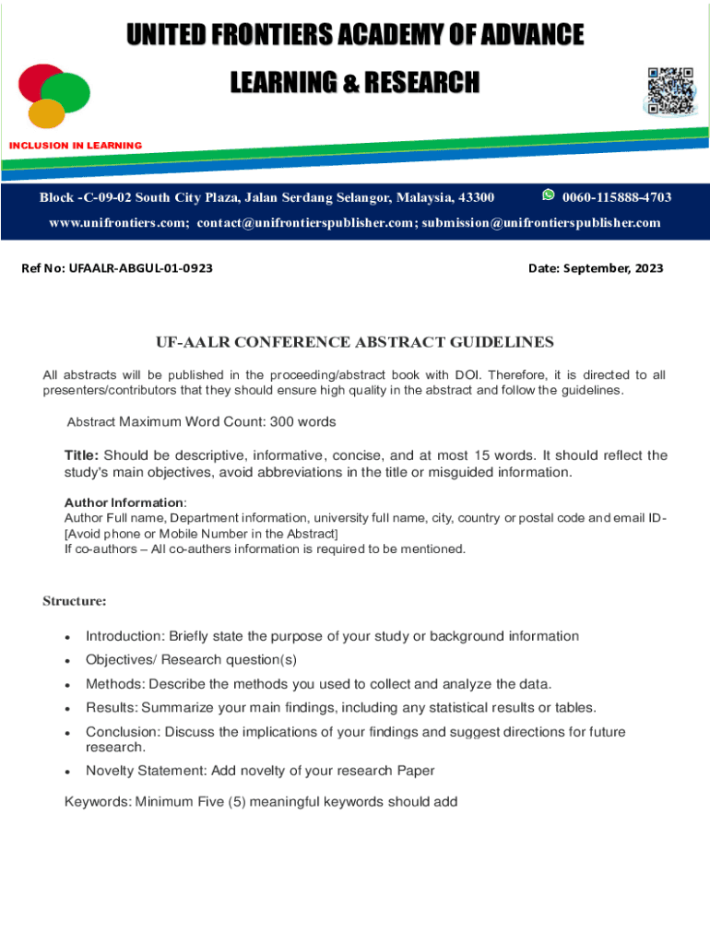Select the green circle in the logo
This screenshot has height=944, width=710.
[x=66, y=92]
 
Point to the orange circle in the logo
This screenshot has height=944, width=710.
[x=46, y=113]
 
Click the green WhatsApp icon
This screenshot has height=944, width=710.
[x=549, y=195]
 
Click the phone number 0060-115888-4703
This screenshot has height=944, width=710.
[x=616, y=198]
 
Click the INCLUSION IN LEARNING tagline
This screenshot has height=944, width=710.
[x=76, y=146]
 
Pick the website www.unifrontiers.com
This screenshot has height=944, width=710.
[x=118, y=223]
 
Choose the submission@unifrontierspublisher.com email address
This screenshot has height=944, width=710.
[x=541, y=223]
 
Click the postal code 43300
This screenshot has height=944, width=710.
[x=475, y=198]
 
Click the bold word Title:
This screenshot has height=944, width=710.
[x=81, y=455]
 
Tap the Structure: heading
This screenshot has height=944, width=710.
[x=75, y=601]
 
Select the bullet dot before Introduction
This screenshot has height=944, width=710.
[x=68, y=638]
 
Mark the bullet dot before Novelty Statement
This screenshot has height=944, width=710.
[x=68, y=772]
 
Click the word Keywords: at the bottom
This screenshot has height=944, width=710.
[x=97, y=802]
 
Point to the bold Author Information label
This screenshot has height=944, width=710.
[x=124, y=502]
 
